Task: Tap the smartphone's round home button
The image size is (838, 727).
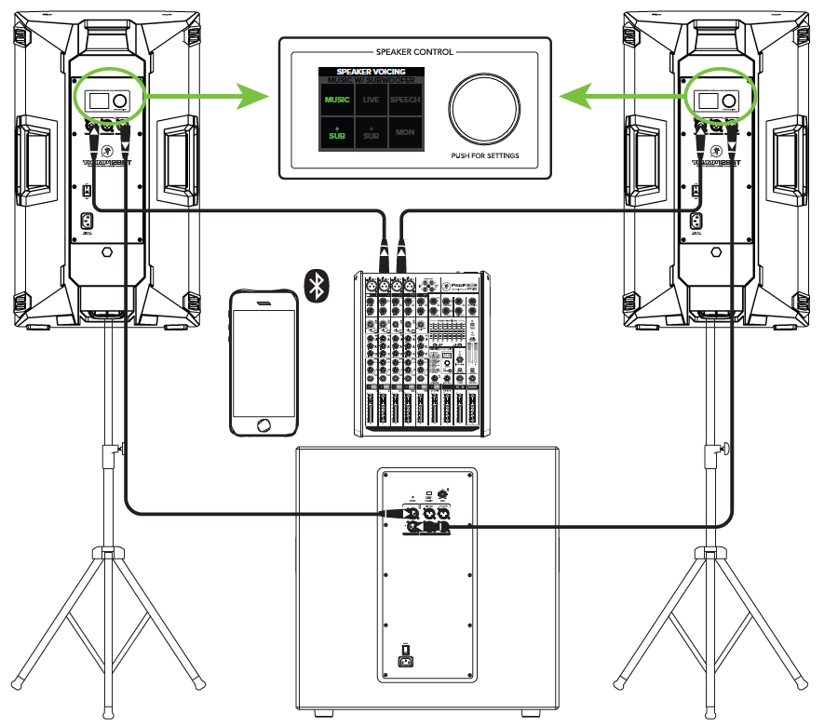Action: (265, 424)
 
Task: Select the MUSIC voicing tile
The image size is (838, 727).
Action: (337, 100)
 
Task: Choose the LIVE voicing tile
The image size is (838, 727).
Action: (371, 100)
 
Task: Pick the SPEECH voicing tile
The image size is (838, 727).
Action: (405, 100)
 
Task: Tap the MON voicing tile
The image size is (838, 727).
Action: (405, 132)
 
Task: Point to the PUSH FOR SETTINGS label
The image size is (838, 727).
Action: (484, 155)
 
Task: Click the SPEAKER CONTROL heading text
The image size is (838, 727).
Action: (414, 52)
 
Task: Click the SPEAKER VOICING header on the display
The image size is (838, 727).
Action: (371, 71)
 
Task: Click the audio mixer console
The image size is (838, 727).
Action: (420, 354)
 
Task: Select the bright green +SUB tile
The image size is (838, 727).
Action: (337, 132)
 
